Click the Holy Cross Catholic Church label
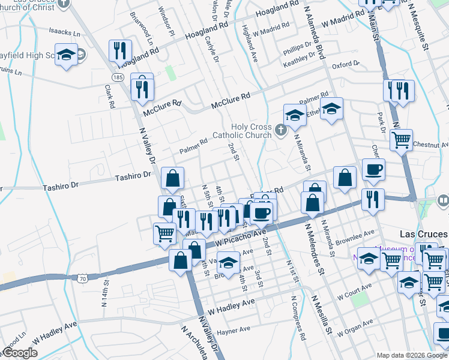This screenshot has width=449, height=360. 243,131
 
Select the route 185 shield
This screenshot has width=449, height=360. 118,78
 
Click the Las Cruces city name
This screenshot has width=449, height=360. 424,234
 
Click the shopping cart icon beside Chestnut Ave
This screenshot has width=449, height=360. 401,140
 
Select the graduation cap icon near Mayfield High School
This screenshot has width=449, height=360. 66,55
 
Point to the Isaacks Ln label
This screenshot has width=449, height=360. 64,31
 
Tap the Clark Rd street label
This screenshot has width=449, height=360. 109,96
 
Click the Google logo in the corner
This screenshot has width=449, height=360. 20,353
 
